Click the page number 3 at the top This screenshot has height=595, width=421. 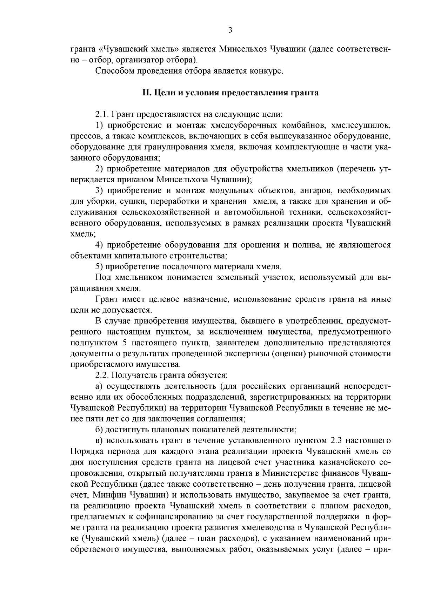point(230,31)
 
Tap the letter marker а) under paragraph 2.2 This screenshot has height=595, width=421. point(99,386)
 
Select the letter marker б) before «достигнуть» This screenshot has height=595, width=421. point(99,430)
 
